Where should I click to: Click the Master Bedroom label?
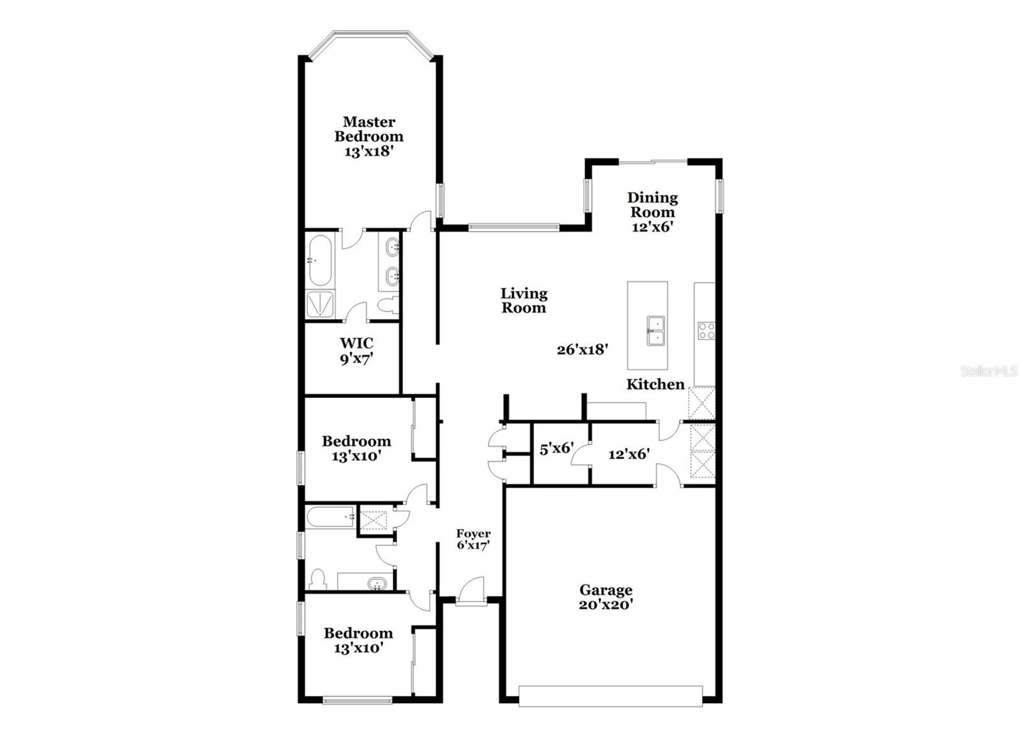click(368, 129)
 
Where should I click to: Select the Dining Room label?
click(652, 205)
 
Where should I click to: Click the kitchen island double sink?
click(655, 330)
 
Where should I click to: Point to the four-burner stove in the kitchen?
click(706, 330)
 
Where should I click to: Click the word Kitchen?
click(655, 384)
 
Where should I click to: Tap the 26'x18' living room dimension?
click(582, 350)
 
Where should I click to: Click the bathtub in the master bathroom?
click(319, 260)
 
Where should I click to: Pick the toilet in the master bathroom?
click(386, 306)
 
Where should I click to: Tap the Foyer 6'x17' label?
click(473, 539)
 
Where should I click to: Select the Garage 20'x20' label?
click(606, 597)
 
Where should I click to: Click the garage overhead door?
click(610, 695)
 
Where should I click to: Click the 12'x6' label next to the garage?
click(629, 454)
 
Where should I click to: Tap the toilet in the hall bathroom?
click(317, 580)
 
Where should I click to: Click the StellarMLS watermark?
click(989, 371)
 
